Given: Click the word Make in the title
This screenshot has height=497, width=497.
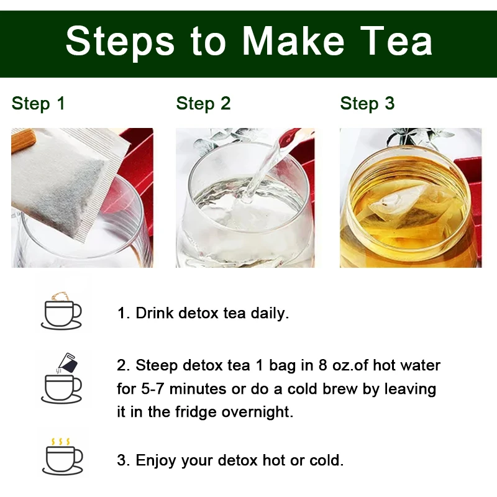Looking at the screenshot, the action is [293, 41].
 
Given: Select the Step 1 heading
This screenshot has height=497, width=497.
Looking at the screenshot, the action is [39, 104].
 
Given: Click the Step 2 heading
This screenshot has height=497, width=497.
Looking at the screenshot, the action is [203, 104].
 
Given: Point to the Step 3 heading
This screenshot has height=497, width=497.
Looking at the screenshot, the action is [367, 104].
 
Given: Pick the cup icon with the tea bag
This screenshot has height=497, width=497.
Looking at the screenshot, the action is [62, 311].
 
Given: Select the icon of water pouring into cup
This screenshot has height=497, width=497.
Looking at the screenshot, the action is [62, 378].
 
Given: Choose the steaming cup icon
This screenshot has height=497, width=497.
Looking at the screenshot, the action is [63, 457].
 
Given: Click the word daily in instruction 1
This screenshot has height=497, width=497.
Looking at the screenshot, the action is [270, 313].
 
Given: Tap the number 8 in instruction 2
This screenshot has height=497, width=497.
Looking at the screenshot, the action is [323, 365].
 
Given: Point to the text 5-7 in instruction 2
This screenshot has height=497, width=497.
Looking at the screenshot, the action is [152, 389].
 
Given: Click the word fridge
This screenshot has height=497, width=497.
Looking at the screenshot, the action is [196, 412].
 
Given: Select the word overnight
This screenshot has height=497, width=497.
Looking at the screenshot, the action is [257, 412].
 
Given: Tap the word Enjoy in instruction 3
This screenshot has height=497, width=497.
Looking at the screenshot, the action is [156, 460].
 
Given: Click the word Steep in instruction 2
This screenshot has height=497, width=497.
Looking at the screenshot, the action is [157, 366].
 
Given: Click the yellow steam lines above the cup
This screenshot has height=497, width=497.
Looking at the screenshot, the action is [60, 442].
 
